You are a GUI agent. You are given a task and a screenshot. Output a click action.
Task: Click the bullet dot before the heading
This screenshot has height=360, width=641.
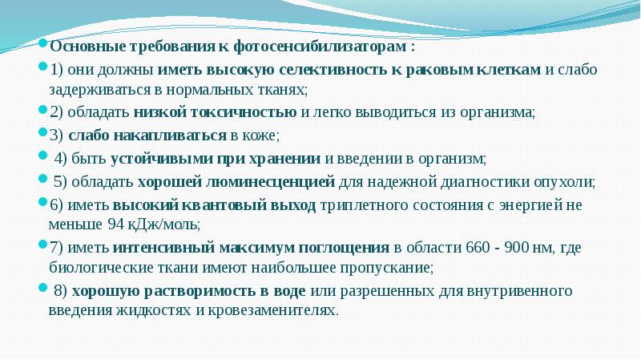[x=43, y=46]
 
